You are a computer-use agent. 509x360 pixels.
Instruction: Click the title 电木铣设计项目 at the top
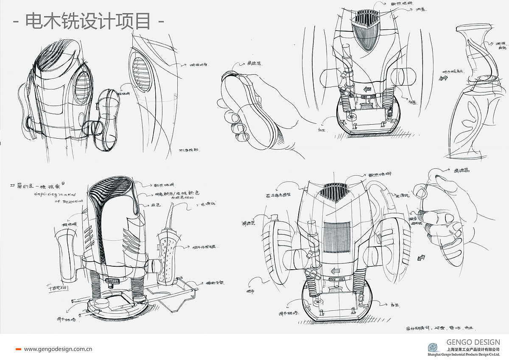(x=88, y=20)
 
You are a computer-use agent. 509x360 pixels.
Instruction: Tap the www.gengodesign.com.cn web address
(x=58, y=349)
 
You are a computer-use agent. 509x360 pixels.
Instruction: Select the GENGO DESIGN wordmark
(x=473, y=342)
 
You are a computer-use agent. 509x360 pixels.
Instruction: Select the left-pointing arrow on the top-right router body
(x=367, y=89)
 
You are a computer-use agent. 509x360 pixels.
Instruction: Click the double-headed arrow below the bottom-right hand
(x=422, y=257)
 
